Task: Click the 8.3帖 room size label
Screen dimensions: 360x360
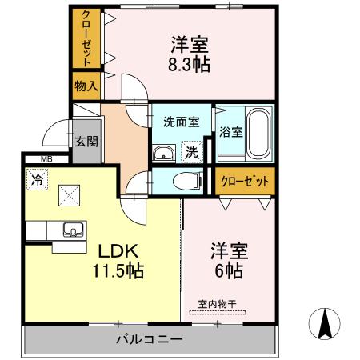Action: coord(189,64)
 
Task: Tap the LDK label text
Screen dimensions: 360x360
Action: coord(118,251)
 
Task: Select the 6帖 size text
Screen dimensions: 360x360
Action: coord(229,271)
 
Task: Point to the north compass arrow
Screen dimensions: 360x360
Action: coord(325,324)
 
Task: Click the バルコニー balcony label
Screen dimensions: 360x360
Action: coord(150,339)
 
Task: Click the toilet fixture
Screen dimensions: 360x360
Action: coord(188,181)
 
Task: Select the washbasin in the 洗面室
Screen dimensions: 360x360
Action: coord(164,154)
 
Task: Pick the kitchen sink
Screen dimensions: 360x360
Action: coord(73,230)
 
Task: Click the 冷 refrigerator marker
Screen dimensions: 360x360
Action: coord(37,180)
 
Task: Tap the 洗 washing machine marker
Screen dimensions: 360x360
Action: coord(192,152)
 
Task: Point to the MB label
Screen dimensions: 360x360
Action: coord(46,159)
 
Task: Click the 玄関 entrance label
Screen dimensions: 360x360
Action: coord(86,142)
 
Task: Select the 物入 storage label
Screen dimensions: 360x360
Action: coord(86,86)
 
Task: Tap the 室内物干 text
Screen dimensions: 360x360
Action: coord(217,304)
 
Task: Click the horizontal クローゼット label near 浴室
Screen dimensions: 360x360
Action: coord(245,182)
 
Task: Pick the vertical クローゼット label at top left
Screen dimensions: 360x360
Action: coord(86,38)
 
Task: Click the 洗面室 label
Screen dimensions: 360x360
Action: coord(181,122)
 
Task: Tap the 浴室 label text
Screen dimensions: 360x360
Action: coord(230,132)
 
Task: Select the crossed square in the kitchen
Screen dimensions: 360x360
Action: coord(69,195)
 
